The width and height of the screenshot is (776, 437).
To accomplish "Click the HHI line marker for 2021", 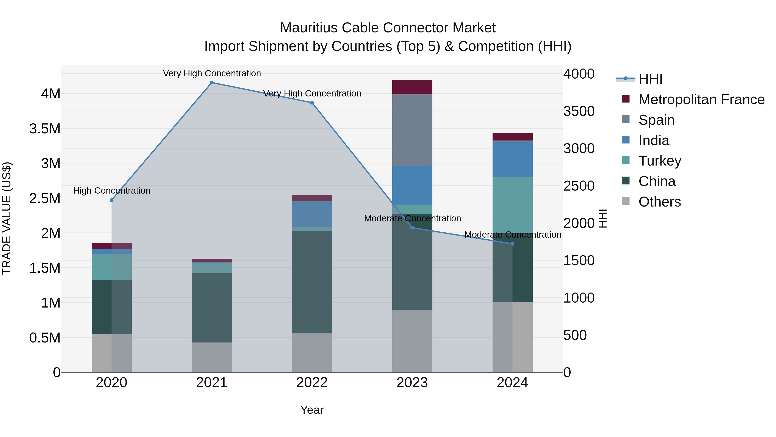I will pyautogui.click(x=212, y=83).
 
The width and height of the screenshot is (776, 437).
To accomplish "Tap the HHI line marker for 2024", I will pyautogui.click(x=512, y=244).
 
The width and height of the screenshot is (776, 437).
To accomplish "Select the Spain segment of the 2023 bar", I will pyautogui.click(x=412, y=130).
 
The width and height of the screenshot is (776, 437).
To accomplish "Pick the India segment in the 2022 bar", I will pyautogui.click(x=312, y=214).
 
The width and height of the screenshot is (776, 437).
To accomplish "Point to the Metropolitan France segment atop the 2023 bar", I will pyautogui.click(x=412, y=87).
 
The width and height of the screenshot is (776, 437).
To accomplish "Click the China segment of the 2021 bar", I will pyautogui.click(x=212, y=308).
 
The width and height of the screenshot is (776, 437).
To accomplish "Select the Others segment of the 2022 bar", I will pyautogui.click(x=312, y=353).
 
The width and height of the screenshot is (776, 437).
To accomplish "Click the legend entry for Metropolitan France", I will pyautogui.click(x=701, y=99).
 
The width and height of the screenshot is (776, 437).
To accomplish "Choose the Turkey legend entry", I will pyautogui.click(x=660, y=161).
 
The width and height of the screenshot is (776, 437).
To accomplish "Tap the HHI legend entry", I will pyautogui.click(x=650, y=79).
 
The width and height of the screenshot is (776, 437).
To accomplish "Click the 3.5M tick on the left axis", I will pyautogui.click(x=45, y=129).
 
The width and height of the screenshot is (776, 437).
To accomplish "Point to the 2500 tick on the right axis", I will pyautogui.click(x=579, y=186).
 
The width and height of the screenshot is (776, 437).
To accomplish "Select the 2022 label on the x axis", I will pyautogui.click(x=312, y=383).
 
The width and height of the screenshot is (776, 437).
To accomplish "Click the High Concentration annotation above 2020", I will pyautogui.click(x=112, y=191).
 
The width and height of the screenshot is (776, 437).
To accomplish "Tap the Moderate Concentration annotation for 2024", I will pyautogui.click(x=512, y=234).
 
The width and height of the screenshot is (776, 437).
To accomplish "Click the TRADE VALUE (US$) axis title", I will pyautogui.click(x=7, y=218).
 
